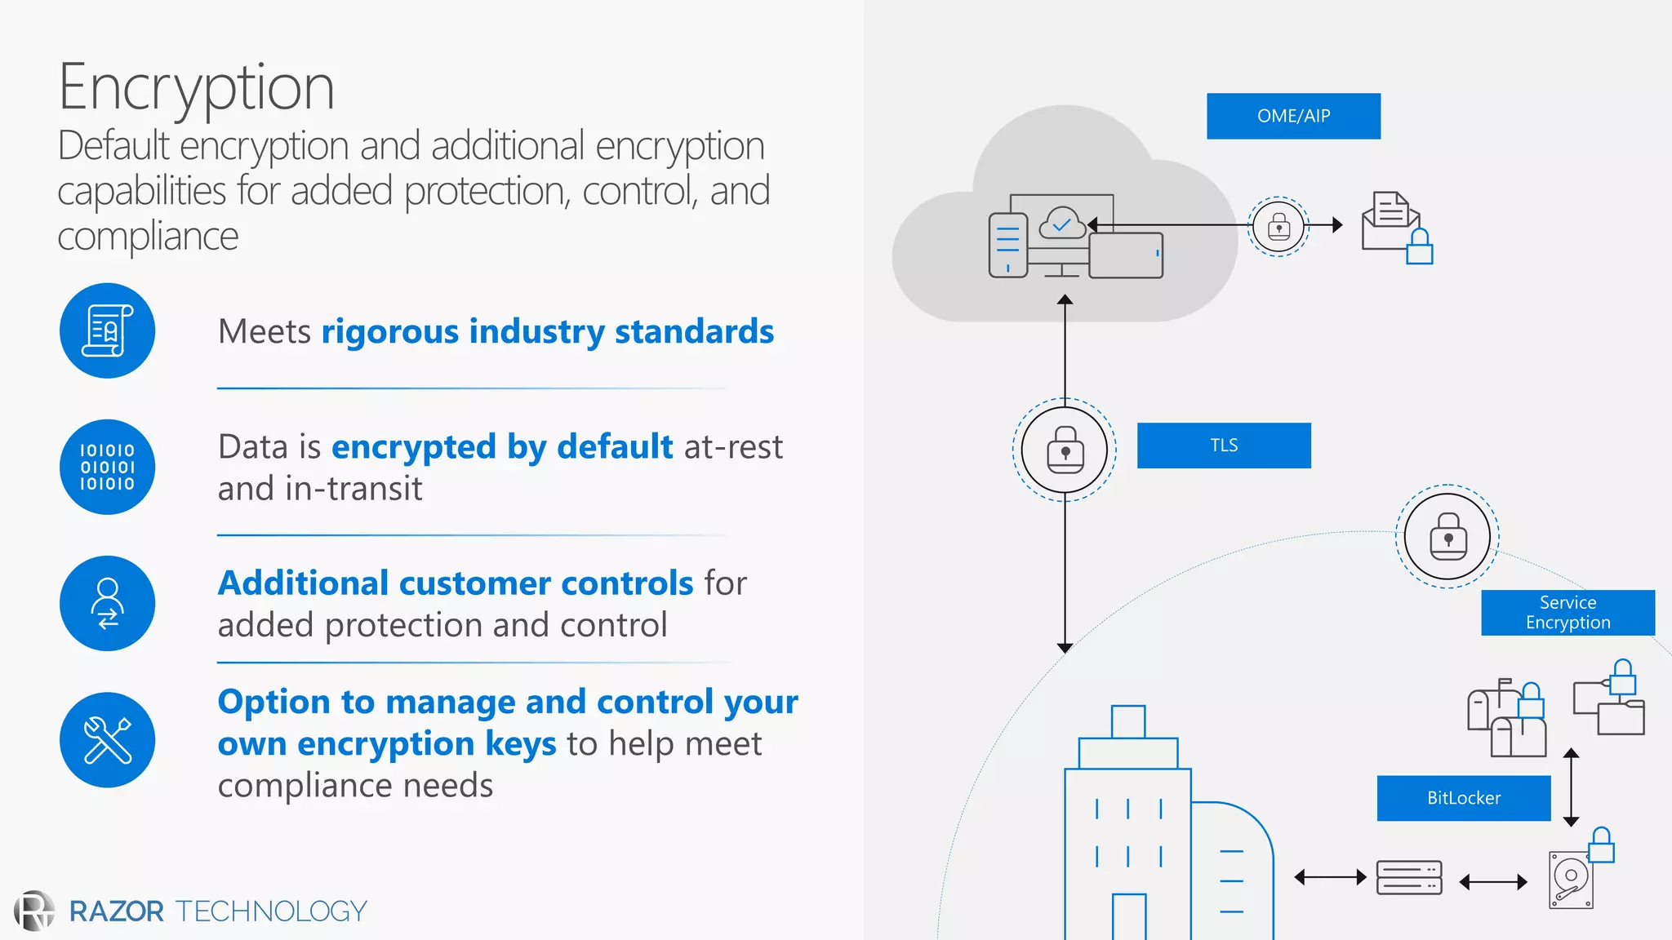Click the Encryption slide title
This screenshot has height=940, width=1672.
coord(196,87)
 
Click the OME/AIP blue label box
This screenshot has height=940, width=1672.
coord(1293,116)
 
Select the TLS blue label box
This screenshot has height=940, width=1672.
coord(1223,446)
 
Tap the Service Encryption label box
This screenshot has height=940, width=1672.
coord(1567,613)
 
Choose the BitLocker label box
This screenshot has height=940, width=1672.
coord(1463,798)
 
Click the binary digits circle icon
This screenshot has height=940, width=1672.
coord(107,467)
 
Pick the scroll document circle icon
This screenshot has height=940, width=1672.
coord(107,330)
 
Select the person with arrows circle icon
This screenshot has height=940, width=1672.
coord(107,603)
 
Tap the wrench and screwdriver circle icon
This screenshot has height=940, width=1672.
coord(107,739)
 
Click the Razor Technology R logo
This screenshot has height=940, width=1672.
coord(34,911)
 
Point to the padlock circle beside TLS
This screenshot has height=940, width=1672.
coord(1065,450)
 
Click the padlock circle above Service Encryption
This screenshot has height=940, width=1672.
coord(1447,537)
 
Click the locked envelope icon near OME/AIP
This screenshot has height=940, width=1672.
coord(1396,227)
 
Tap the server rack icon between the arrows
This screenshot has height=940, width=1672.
coord(1408,878)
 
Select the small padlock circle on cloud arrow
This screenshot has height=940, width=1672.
coord(1278,226)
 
